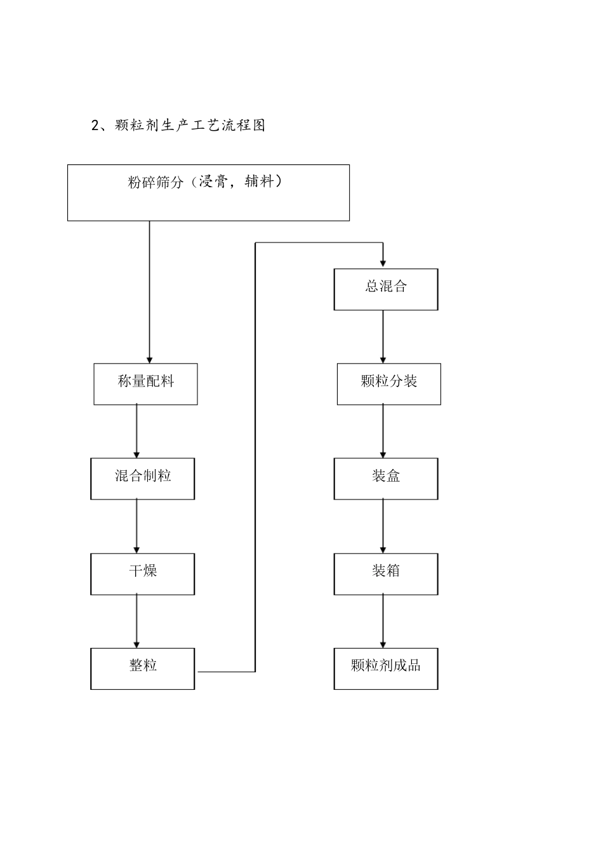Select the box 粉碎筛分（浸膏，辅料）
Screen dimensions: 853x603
(208, 193)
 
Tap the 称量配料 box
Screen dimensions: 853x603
(145, 384)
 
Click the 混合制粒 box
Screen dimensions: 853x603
(143, 479)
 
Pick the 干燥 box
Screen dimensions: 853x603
(143, 574)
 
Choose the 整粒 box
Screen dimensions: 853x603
(143, 668)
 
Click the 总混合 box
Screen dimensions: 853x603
(386, 289)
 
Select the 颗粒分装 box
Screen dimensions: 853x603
(388, 384)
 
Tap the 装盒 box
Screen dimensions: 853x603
(386, 479)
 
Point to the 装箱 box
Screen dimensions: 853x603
(386, 574)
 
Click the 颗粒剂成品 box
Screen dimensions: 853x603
(386, 668)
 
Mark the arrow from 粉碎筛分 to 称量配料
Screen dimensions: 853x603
(150, 292)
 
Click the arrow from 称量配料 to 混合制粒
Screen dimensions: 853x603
(136, 431)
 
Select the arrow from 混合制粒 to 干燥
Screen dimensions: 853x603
(136, 526)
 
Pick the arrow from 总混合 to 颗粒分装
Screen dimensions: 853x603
(383, 336)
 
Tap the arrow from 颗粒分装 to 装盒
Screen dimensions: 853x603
(383, 431)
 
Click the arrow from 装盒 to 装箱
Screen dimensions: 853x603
(383, 526)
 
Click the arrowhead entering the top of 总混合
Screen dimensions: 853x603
(383, 263)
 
